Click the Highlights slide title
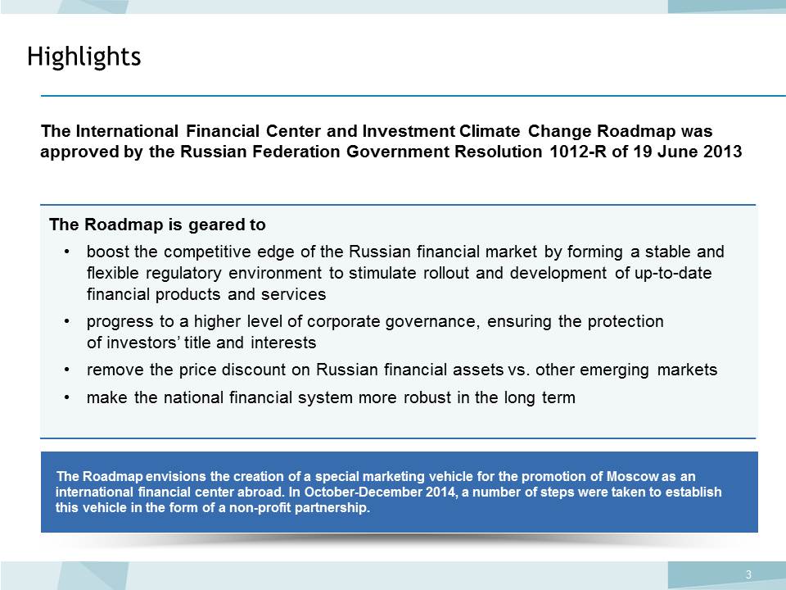point(84,57)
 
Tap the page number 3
point(748,574)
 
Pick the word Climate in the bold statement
point(490,131)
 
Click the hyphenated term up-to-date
point(673,274)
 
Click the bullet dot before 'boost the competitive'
point(66,252)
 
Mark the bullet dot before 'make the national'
point(66,398)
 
